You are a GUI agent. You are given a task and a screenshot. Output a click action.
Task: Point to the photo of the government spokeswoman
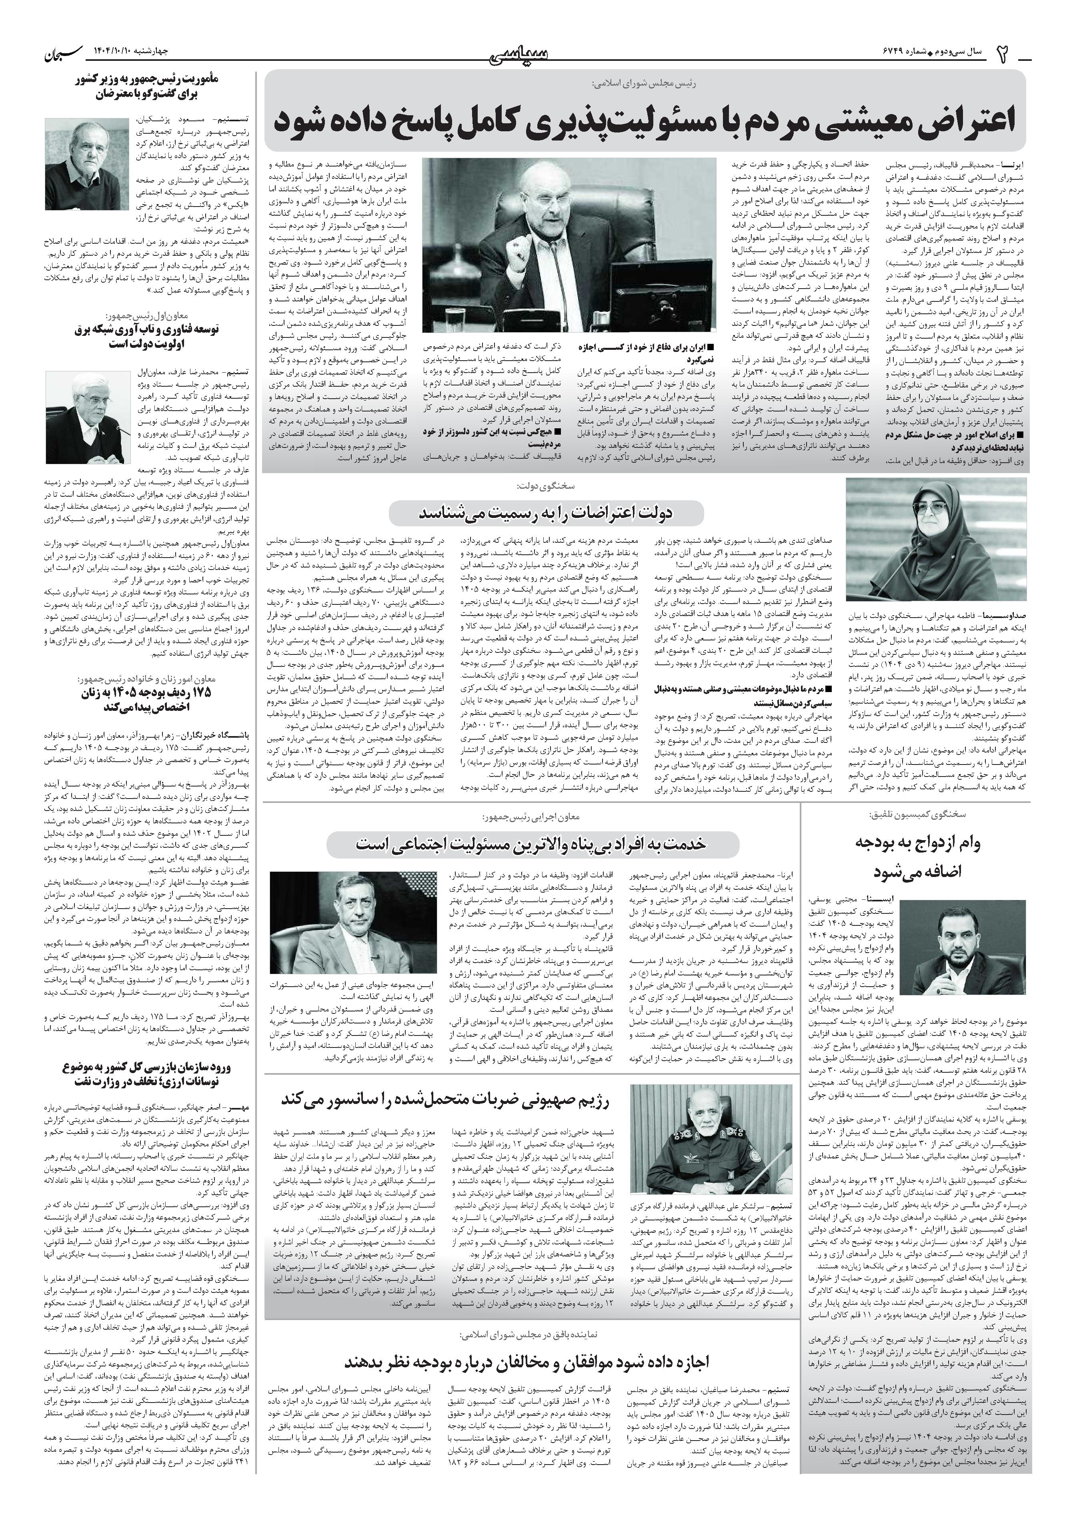coord(936,539)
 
